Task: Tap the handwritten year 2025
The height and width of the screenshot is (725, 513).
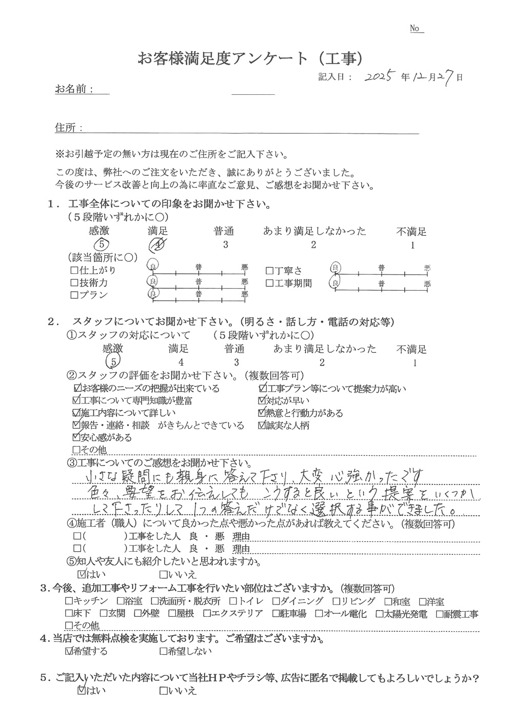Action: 379,78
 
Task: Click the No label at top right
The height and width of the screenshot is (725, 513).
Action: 416,29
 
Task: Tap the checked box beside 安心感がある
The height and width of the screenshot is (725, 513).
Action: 77,438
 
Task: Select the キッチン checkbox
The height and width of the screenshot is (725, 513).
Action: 69,601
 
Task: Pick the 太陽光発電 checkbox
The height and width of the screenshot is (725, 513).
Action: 380,613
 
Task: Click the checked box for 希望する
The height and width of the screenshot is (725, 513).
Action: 70,652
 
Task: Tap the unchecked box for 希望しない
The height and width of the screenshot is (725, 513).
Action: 163,652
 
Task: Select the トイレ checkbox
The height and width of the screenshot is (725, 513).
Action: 233,601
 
